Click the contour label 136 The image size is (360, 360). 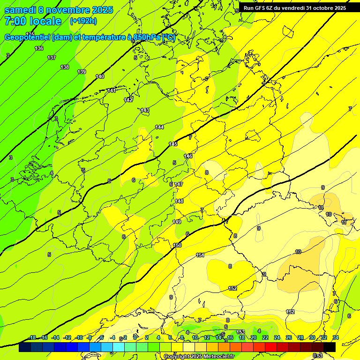(39, 48)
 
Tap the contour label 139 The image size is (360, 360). (82, 72)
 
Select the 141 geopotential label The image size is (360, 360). (112, 90)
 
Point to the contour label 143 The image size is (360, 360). (145, 110)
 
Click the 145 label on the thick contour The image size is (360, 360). (173, 144)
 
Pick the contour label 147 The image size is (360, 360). (179, 184)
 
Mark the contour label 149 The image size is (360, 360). (177, 222)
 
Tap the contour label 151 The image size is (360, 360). (200, 255)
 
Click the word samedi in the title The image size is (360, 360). (21, 10)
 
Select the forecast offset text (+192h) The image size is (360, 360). (83, 21)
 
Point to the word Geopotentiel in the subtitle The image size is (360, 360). (28, 37)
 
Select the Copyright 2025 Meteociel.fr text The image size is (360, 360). (199, 356)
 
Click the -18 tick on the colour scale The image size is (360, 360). (32, 337)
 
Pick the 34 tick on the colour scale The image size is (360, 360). (336, 337)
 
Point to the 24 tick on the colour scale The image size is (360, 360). (277, 337)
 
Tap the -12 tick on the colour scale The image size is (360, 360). (67, 337)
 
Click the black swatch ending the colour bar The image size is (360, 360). (330, 347)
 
